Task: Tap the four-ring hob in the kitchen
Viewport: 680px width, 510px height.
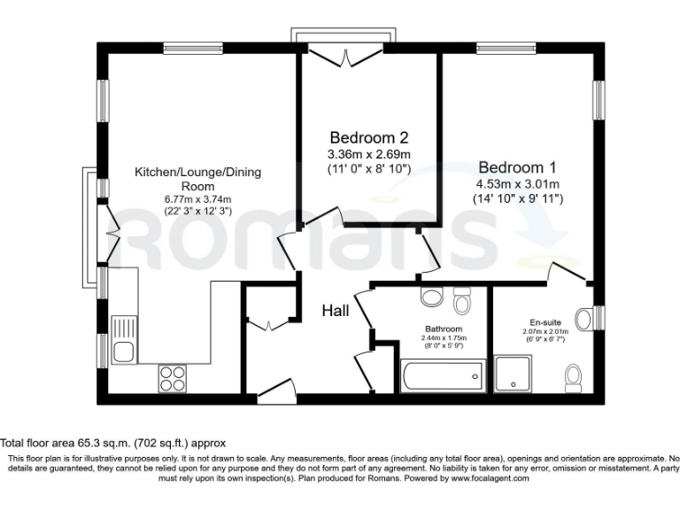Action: pyautogui.click(x=173, y=379)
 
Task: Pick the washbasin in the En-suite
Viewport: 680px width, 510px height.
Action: pyautogui.click(x=584, y=317)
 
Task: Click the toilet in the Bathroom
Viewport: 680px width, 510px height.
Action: pyautogui.click(x=461, y=302)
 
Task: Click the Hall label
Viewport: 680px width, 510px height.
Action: pyautogui.click(x=335, y=311)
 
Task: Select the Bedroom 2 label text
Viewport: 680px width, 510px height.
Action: pyautogui.click(x=369, y=138)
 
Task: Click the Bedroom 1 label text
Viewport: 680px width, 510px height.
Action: pyautogui.click(x=517, y=167)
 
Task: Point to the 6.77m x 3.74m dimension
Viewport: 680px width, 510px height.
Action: pyautogui.click(x=197, y=200)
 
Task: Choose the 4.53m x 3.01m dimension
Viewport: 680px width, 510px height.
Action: pyautogui.click(x=517, y=184)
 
